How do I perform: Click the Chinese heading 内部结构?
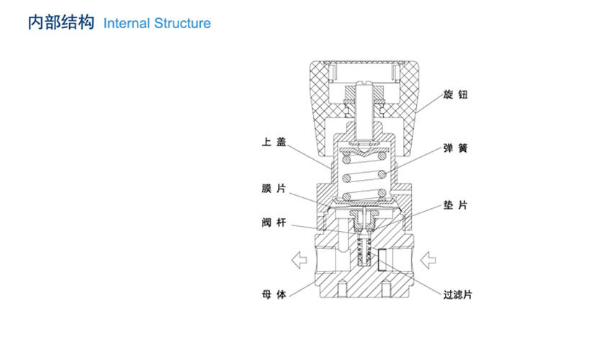tap(60, 22)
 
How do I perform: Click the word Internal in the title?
tap(127, 23)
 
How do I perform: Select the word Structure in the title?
tap(183, 23)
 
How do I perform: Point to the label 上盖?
tap(274, 143)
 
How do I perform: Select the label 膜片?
tap(274, 189)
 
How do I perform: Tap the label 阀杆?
tap(274, 223)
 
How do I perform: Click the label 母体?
tap(274, 294)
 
